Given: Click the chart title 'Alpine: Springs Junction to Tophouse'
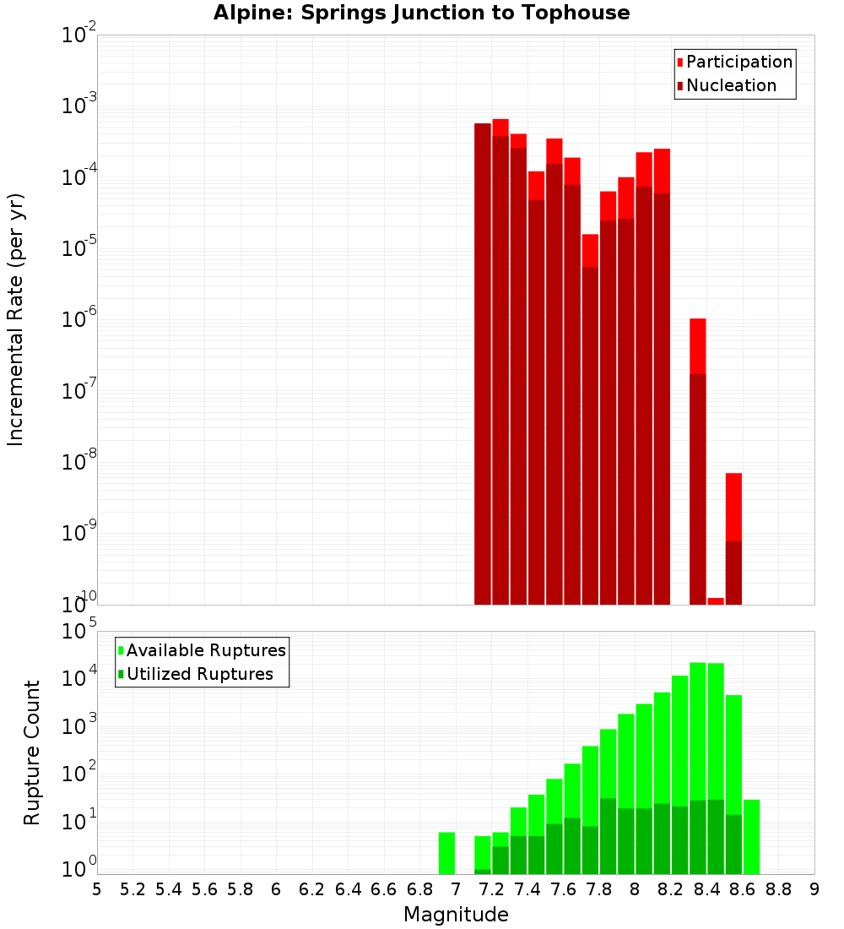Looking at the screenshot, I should [x=421, y=13].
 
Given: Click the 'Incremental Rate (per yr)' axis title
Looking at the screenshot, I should [x=15, y=319].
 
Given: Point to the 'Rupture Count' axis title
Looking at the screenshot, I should [x=32, y=752].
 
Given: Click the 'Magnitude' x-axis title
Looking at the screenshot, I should [x=456, y=915].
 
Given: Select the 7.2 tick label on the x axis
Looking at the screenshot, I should [x=491, y=888].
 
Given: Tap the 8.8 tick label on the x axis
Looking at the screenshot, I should [x=778, y=888].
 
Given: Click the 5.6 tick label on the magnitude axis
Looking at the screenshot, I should [x=204, y=888].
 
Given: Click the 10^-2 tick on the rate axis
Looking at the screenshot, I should [x=79, y=35].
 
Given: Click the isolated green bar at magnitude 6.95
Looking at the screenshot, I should [x=446, y=853].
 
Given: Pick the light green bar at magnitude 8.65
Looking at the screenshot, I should [x=751, y=836].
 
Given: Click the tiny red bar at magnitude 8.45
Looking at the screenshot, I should [x=716, y=600].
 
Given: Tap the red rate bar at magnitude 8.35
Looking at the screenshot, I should [x=697, y=460].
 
